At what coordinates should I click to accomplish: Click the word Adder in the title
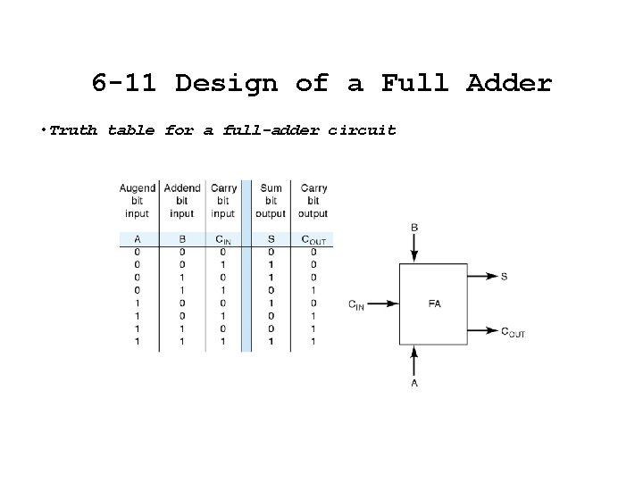[x=509, y=84]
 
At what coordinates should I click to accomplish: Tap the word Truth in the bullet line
[x=74, y=130]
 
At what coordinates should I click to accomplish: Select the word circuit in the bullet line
[x=362, y=130]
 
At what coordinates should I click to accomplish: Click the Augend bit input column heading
[x=137, y=201]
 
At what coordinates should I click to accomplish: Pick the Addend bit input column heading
[x=181, y=201]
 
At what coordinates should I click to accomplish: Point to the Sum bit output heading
[x=270, y=201]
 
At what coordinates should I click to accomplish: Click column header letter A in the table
[x=137, y=239]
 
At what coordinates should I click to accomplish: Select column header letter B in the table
[x=181, y=239]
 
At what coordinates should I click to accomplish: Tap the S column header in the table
[x=270, y=239]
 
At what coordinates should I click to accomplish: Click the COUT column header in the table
[x=313, y=239]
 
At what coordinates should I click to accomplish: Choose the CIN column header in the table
[x=222, y=239]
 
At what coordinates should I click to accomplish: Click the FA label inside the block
[x=434, y=303]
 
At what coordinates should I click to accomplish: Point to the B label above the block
[x=414, y=229]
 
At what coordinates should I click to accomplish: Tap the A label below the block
[x=414, y=383]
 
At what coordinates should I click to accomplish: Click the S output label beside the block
[x=504, y=277]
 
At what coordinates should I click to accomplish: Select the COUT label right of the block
[x=512, y=331]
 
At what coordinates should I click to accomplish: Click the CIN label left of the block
[x=356, y=304]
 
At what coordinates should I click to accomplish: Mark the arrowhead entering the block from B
[x=414, y=258]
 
